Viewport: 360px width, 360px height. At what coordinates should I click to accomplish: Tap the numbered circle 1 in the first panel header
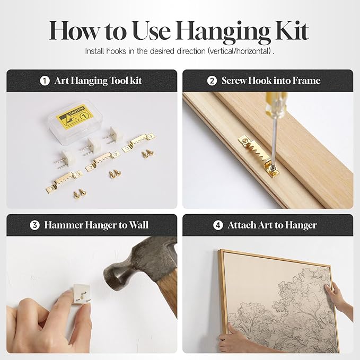pos(45,81)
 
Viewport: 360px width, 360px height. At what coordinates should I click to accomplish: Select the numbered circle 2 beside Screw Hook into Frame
pos(212,81)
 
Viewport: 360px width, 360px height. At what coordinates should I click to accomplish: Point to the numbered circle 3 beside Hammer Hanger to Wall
pos(34,225)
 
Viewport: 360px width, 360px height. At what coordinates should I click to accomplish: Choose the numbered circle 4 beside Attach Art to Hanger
pos(218,225)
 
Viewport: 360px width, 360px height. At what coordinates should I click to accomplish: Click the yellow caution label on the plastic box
pos(75,116)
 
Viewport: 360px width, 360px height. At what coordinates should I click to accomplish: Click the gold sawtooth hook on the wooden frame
pos(259,156)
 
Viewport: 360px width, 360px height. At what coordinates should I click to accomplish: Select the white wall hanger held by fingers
pos(82,294)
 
